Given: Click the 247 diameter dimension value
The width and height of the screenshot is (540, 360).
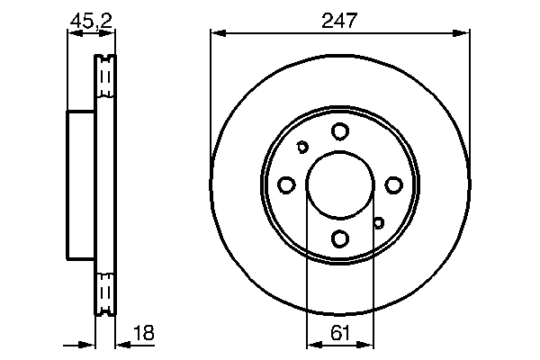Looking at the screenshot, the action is [x=339, y=21].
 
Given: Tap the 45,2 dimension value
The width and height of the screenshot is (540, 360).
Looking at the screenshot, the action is [x=91, y=21].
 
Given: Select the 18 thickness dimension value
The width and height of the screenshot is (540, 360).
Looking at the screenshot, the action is [x=144, y=333].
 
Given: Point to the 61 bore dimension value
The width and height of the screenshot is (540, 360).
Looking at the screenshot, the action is [x=340, y=333].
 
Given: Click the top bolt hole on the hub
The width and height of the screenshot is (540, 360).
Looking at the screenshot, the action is [x=340, y=131].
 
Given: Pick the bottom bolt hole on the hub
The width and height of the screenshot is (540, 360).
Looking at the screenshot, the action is [x=340, y=238].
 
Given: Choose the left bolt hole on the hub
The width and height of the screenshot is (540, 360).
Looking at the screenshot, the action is [x=286, y=185].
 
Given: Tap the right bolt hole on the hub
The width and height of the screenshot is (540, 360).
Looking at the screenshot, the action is [x=393, y=185].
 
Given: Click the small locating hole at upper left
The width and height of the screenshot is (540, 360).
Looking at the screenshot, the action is [x=302, y=147].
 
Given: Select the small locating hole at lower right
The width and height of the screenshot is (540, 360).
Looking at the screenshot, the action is [x=379, y=223].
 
